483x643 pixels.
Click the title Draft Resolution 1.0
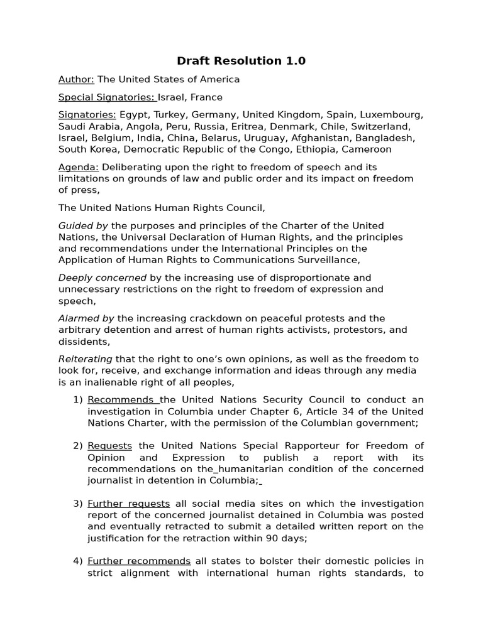[241, 61]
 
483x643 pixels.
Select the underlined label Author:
[76, 79]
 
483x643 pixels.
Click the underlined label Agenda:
[79, 167]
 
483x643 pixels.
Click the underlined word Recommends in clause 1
[123, 400]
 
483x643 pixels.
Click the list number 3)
[78, 504]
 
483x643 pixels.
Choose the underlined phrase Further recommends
[139, 561]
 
